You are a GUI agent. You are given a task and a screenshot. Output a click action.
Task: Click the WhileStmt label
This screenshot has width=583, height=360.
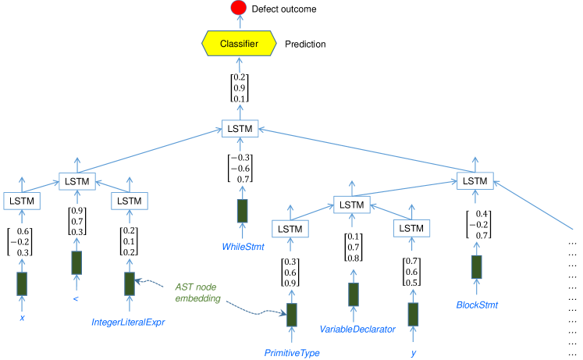(x=242, y=247)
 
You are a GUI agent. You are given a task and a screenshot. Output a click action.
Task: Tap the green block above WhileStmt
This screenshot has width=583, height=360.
(x=242, y=211)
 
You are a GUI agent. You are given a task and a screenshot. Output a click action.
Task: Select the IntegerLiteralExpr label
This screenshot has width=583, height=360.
(x=130, y=320)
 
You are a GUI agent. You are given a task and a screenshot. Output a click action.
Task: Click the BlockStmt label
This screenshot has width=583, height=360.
(x=477, y=305)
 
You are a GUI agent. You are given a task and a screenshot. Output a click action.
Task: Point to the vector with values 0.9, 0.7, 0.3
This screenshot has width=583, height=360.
(x=76, y=221)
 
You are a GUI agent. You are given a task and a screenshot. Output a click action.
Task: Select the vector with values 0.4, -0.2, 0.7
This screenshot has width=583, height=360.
(x=476, y=225)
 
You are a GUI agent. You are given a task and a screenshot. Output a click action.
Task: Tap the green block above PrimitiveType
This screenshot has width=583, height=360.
(x=291, y=315)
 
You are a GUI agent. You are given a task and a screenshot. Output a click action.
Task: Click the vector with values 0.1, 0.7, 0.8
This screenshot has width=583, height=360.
(x=353, y=248)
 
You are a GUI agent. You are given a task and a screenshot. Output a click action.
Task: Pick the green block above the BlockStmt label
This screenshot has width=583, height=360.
(x=476, y=266)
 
